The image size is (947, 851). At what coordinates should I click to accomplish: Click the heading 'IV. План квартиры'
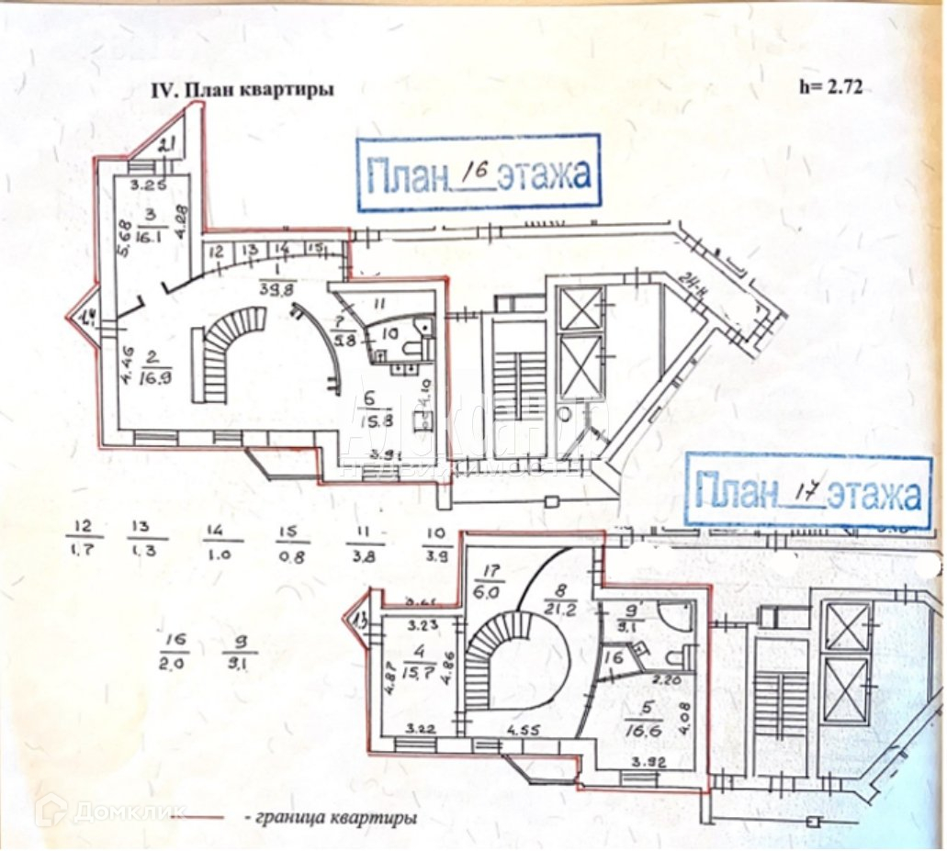(242, 90)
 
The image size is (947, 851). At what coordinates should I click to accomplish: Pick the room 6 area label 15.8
(378, 421)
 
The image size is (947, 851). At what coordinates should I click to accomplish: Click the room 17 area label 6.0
(488, 593)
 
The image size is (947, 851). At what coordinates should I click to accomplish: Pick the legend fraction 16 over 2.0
(174, 650)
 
